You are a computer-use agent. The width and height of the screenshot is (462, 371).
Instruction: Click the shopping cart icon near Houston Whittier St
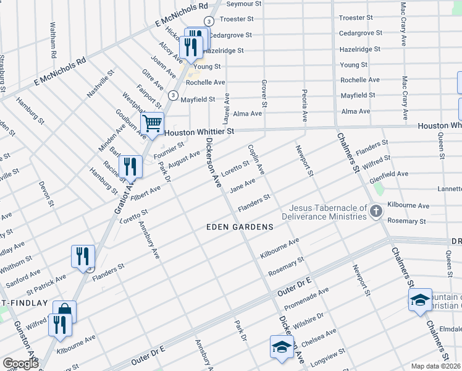click(x=152, y=122)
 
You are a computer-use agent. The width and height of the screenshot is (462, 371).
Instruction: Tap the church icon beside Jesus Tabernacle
click(x=376, y=213)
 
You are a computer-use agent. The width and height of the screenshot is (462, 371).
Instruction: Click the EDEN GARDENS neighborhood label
click(x=240, y=227)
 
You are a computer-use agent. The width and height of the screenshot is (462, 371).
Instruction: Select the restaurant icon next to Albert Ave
click(x=130, y=167)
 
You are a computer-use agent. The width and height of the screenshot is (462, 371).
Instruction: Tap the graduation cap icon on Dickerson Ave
click(x=281, y=346)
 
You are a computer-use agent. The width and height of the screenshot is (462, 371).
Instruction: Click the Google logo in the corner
click(x=20, y=364)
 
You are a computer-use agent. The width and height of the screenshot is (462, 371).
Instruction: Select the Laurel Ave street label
click(x=227, y=107)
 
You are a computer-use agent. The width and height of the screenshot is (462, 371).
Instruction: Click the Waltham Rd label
click(x=53, y=40)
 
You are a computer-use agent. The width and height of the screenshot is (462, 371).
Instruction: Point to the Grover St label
click(x=264, y=90)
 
